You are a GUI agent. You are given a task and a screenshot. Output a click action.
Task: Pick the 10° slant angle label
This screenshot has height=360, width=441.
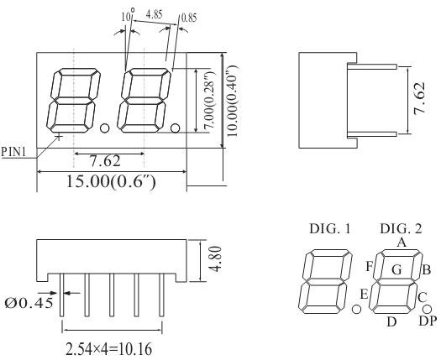point(127,15)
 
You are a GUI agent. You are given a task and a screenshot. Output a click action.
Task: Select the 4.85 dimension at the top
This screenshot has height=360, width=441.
point(155,14)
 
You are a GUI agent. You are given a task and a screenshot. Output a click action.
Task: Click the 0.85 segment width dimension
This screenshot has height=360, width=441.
point(190,16)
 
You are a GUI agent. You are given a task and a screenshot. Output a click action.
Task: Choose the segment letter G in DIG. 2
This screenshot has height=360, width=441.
point(396,269)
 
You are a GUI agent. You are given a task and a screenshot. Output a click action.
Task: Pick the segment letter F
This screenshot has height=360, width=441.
point(369,267)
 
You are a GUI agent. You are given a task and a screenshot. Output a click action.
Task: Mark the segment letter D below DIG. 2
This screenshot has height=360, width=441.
point(391,321)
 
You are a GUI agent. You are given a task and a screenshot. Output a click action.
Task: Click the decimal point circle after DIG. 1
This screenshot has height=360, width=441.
point(356,310)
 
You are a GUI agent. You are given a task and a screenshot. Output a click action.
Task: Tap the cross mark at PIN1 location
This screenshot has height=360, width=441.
point(59,134)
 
